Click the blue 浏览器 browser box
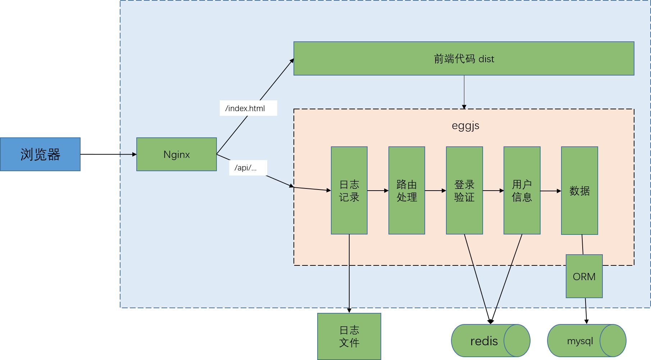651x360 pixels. click(40, 154)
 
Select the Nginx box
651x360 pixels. click(177, 154)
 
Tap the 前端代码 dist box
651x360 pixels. click(464, 59)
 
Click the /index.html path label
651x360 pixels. click(248, 108)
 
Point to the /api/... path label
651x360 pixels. click(248, 168)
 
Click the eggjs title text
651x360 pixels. click(465, 126)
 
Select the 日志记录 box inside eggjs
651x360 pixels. click(349, 191)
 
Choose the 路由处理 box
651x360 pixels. click(407, 191)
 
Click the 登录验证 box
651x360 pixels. click(464, 191)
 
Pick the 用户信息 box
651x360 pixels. click(522, 191)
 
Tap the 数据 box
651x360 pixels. click(579, 191)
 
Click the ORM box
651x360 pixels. click(584, 276)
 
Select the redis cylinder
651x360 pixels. click(484, 341)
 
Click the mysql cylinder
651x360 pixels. click(580, 341)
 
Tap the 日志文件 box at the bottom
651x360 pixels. click(349, 336)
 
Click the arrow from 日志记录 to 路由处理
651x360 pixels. click(378, 191)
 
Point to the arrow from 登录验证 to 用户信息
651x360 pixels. click(493, 191)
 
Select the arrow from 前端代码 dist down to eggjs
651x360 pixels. click(464, 92)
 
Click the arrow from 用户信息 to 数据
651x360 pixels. click(551, 191)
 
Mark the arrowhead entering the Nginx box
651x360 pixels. click(134, 154)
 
